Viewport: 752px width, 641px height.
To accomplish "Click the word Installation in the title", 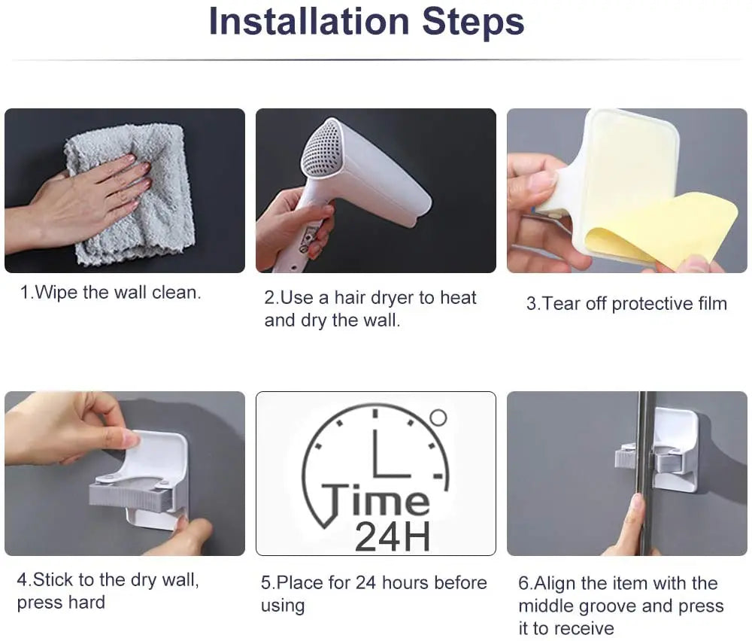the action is pyautogui.click(x=309, y=22).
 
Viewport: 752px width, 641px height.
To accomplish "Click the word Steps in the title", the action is pyautogui.click(x=473, y=23).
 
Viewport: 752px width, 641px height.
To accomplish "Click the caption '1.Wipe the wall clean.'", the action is pyautogui.click(x=111, y=292).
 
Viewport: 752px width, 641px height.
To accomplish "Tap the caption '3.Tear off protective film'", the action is pyautogui.click(x=626, y=303).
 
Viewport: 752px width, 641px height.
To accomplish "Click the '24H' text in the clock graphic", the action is pyautogui.click(x=393, y=536).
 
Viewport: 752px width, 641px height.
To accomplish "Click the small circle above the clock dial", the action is pyautogui.click(x=438, y=418).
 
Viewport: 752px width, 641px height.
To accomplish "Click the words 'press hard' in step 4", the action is pyautogui.click(x=61, y=602).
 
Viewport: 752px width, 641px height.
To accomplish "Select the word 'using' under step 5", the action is pyautogui.click(x=283, y=606).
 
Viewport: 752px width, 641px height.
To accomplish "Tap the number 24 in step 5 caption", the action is pyautogui.click(x=366, y=582).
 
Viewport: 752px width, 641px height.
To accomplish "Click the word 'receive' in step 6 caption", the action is pyautogui.click(x=584, y=628).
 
